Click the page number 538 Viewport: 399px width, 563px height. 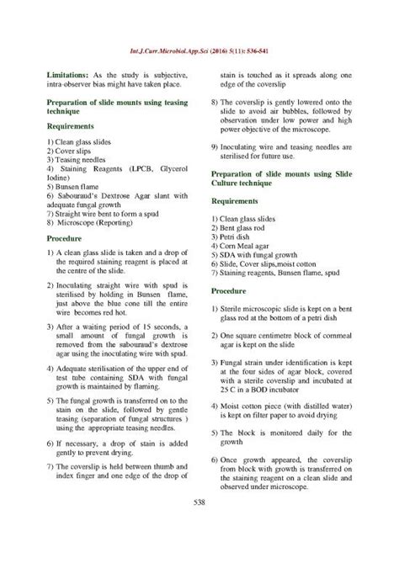(199, 526)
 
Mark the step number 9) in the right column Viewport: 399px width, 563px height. (216, 146)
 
